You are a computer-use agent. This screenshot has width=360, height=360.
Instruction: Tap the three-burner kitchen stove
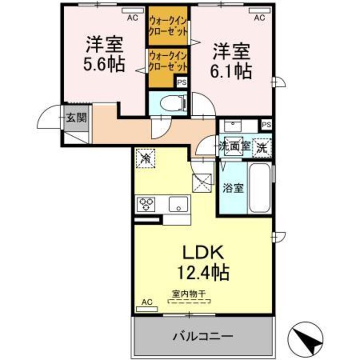point(146,204)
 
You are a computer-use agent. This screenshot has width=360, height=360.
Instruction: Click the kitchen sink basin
point(178,205)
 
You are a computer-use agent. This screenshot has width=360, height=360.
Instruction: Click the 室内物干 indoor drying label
point(189,294)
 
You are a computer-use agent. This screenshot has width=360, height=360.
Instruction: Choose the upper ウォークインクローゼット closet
point(168,26)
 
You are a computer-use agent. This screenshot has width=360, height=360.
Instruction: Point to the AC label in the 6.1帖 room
point(260,18)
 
